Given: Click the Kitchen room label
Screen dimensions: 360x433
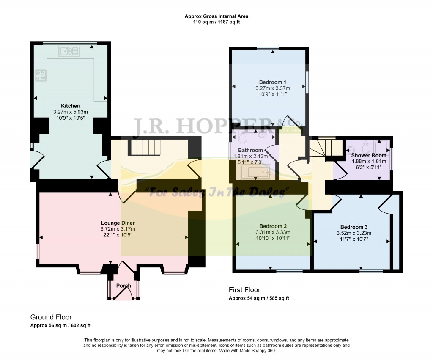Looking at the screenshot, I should tap(70, 106).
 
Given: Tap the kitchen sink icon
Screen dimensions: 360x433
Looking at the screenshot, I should tap(69, 52).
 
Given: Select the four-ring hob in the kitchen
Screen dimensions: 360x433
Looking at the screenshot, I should tap(40, 75).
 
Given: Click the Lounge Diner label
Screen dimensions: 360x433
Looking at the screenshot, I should tap(118, 223).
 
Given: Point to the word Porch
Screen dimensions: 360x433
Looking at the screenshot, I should tap(123, 286).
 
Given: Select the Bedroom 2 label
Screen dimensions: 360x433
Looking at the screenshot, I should tap(273, 226).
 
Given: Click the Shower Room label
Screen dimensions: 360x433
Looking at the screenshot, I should tap(369, 155).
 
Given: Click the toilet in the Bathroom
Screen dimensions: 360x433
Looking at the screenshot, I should tap(244, 140).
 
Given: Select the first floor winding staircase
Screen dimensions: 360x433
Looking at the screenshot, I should tap(325, 150).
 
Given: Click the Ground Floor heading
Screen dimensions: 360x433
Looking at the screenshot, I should tap(51, 317).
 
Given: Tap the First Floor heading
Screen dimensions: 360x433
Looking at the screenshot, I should tap(244, 290).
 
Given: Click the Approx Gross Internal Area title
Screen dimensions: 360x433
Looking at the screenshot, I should tap(216, 16).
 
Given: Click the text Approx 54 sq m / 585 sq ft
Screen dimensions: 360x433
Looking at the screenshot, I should tap(259, 298).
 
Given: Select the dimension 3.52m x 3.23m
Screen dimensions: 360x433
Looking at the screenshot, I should tap(354, 233).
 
